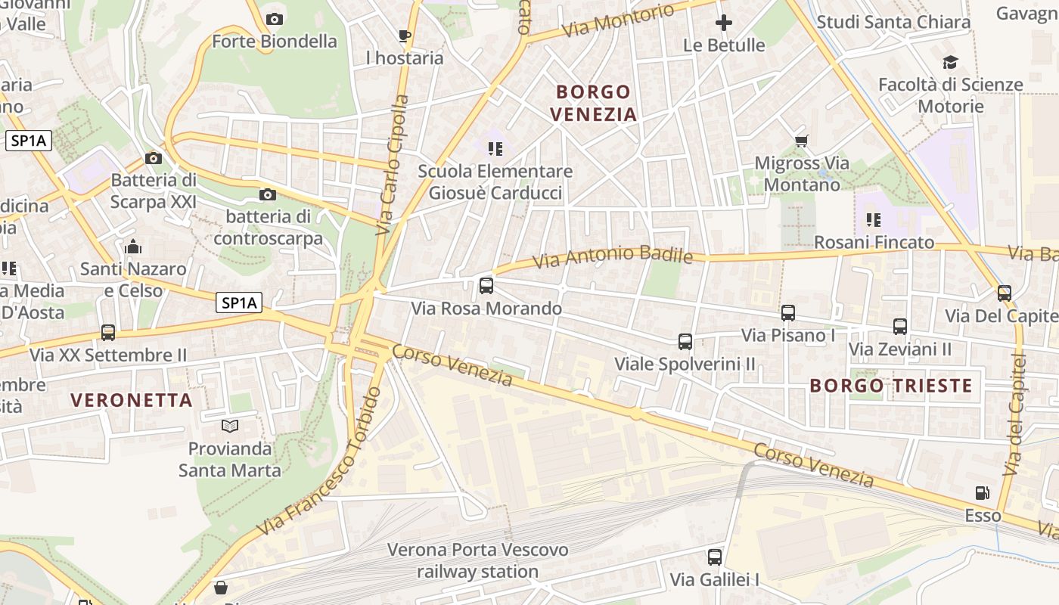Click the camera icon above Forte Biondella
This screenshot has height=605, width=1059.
(x=275, y=19)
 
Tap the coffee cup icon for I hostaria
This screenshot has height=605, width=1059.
(x=404, y=36)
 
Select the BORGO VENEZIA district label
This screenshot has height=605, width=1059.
(x=594, y=103)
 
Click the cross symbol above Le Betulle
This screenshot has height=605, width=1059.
(x=724, y=23)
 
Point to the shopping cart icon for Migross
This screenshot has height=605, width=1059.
(x=802, y=141)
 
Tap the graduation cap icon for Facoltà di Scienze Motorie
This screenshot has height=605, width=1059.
(x=950, y=62)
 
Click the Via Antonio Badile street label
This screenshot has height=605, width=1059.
(x=613, y=256)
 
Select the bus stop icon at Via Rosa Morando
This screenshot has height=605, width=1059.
(x=486, y=286)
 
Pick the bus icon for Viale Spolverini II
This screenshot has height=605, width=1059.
(x=685, y=341)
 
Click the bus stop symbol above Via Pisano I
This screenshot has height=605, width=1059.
(x=788, y=312)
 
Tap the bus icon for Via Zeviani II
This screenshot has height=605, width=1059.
(x=900, y=327)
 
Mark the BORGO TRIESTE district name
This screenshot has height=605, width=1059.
(x=891, y=386)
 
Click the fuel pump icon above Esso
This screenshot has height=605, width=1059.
(x=982, y=493)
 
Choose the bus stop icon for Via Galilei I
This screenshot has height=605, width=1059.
(x=715, y=557)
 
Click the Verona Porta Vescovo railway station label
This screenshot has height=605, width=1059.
(x=477, y=560)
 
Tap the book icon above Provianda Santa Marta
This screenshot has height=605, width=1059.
(x=230, y=427)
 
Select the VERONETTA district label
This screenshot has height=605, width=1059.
(x=132, y=400)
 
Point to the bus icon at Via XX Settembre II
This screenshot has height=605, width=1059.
(x=108, y=333)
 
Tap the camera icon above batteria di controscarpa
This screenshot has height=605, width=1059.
(x=267, y=195)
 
